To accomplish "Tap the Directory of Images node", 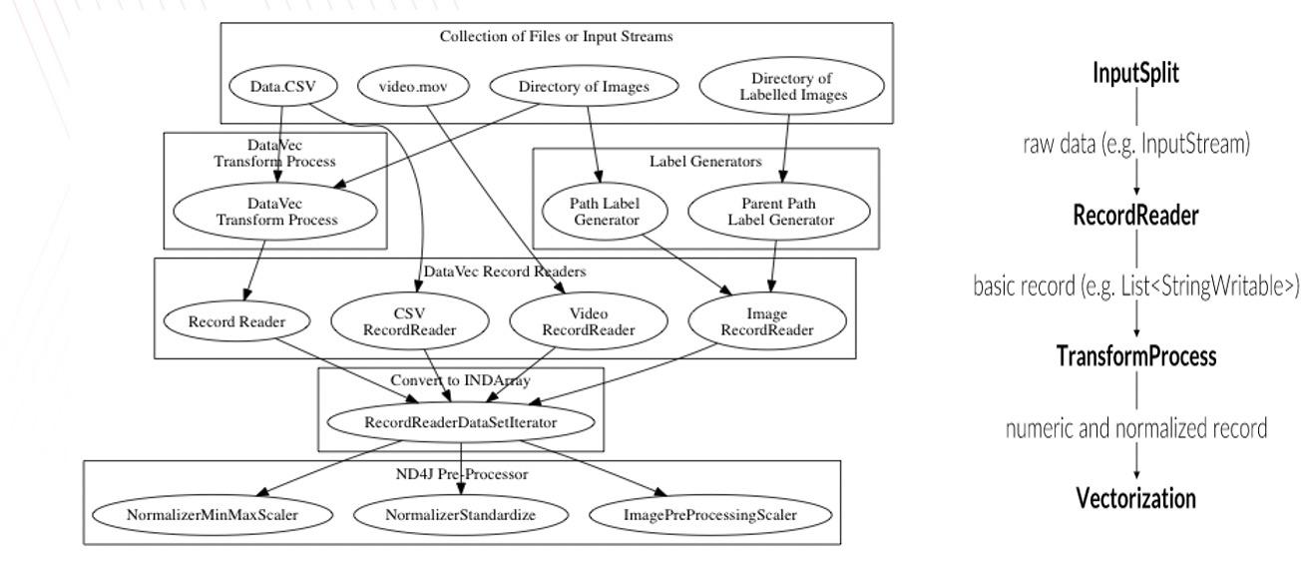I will (585, 88).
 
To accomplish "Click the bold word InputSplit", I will (1138, 76).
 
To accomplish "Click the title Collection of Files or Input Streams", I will (556, 37).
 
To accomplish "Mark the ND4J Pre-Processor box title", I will (462, 474).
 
